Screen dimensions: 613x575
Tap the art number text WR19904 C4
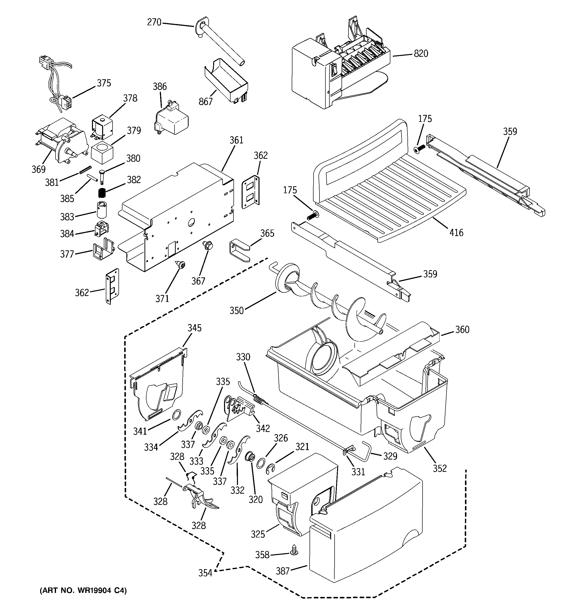pyautogui.click(x=83, y=591)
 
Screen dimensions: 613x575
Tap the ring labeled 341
pyautogui.click(x=176, y=415)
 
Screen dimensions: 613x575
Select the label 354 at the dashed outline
pyautogui.click(x=205, y=573)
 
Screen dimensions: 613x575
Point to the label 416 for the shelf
pyautogui.click(x=456, y=233)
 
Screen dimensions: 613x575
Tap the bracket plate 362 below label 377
pyautogui.click(x=112, y=286)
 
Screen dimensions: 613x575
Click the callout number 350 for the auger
pyautogui.click(x=236, y=311)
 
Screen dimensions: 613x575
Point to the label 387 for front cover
pyautogui.click(x=282, y=571)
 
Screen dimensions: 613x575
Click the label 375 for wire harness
pyautogui.click(x=104, y=83)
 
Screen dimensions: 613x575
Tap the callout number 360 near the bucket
pyautogui.click(x=462, y=330)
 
